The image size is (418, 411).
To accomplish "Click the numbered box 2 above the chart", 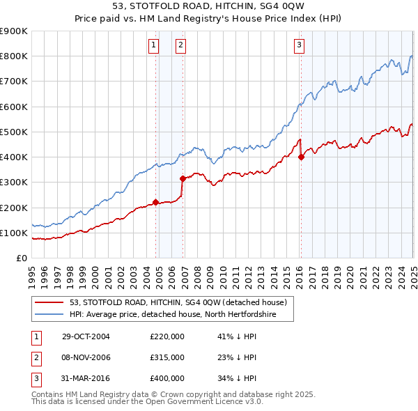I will pos(180,46).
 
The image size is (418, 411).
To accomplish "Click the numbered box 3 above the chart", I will pos(299,46).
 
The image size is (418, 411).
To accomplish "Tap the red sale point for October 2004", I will pos(156,202).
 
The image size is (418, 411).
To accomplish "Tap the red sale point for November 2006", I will pos(182,178).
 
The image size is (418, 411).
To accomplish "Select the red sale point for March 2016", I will pos(301,157).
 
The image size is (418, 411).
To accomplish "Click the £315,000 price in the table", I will pos(167,357).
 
